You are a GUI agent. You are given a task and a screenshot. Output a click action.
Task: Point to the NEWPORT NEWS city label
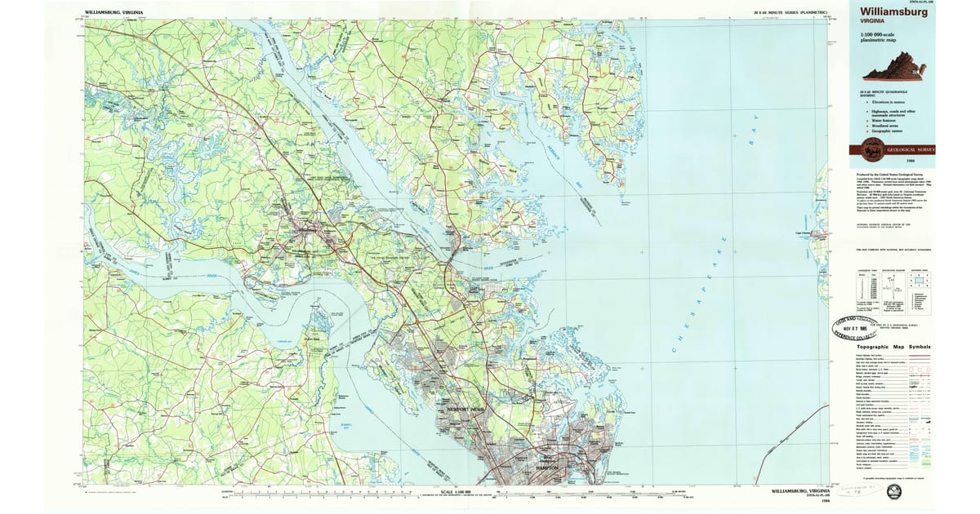coord(466,409)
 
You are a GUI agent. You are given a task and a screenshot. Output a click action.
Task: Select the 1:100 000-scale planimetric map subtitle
coord(878,38)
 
